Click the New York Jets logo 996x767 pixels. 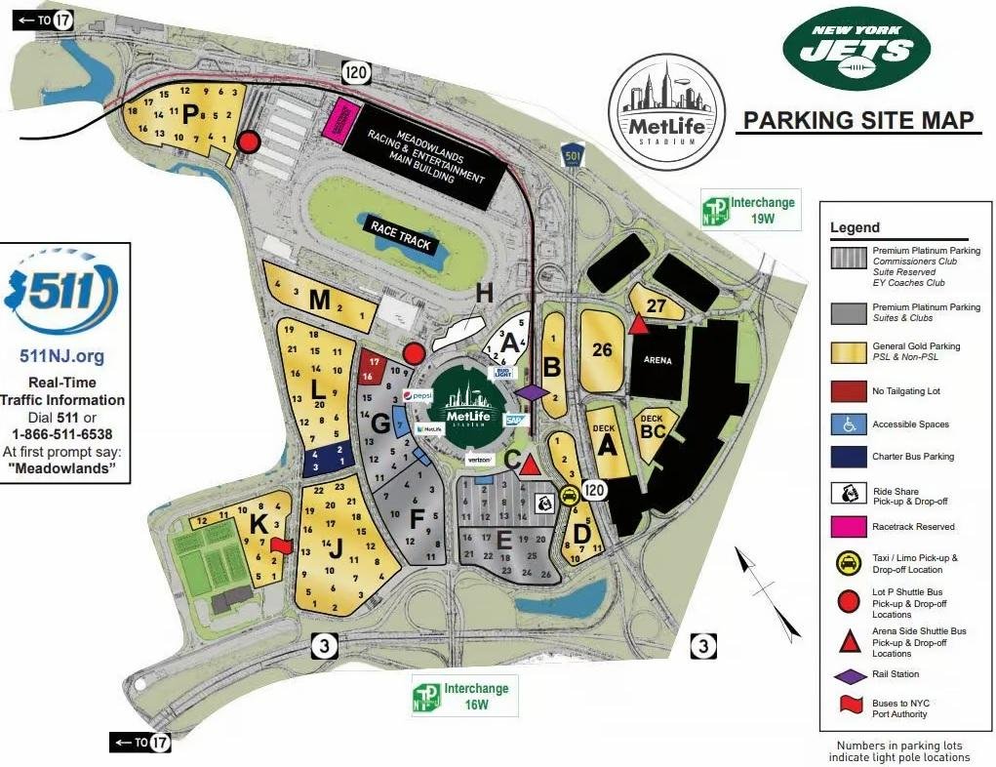[x=857, y=49]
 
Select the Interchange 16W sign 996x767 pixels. [x=464, y=695]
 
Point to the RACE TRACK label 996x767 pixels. [x=402, y=234]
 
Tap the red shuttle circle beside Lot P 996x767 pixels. [x=249, y=142]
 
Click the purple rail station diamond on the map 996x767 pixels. [x=533, y=392]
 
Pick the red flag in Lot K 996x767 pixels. [x=280, y=545]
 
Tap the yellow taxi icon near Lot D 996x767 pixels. [x=569, y=495]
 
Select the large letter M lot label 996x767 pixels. [x=319, y=300]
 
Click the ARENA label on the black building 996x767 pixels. [x=658, y=360]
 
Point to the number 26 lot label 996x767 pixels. [x=602, y=349]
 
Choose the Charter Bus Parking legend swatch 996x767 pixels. [x=850, y=457]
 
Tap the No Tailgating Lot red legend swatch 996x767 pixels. [x=850, y=391]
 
